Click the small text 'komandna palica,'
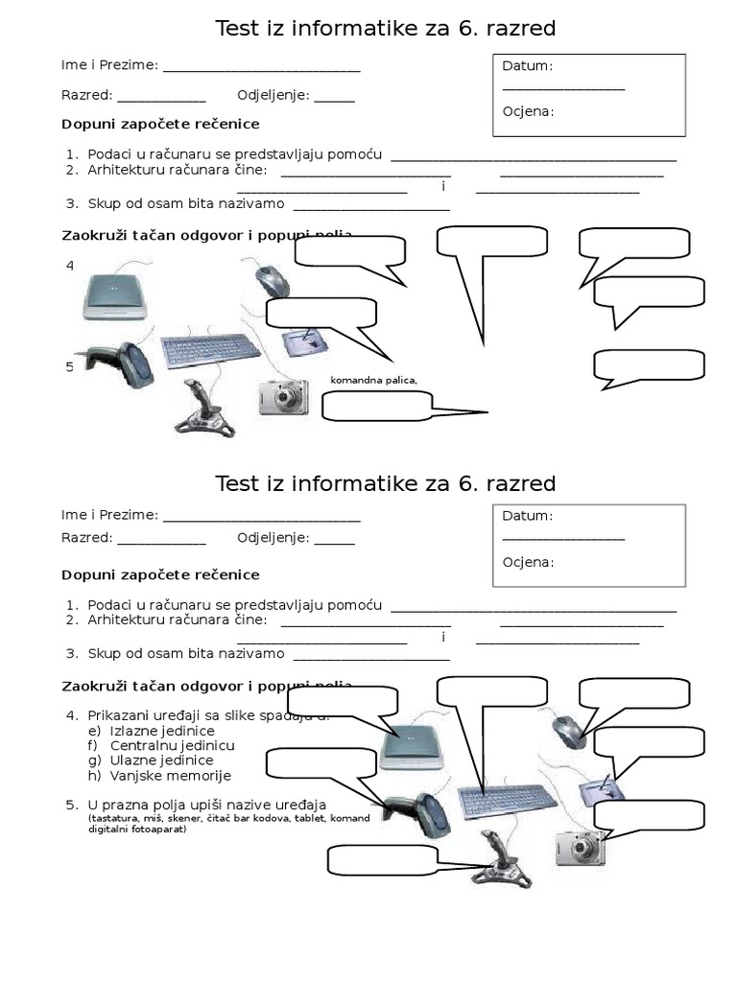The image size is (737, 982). tap(374, 381)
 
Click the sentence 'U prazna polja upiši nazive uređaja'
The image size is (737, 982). tap(206, 804)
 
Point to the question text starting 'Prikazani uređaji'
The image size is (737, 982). tap(206, 715)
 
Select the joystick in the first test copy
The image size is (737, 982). tap(202, 408)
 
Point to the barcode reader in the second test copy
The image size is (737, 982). tap(415, 815)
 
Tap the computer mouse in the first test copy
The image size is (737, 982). tap(273, 281)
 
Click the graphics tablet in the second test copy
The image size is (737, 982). tap(601, 790)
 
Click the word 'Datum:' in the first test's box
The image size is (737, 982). tap(528, 66)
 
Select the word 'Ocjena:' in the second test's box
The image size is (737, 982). tap(528, 562)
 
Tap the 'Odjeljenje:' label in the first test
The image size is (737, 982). tap(273, 95)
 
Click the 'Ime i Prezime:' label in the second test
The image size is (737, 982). tap(109, 515)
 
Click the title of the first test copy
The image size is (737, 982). tap(385, 30)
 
